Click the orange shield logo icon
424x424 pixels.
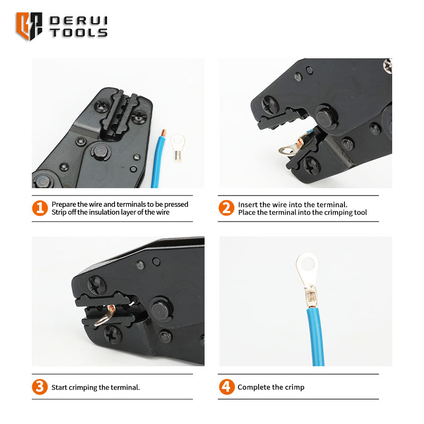tap(29, 26)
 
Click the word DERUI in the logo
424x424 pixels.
tap(78, 21)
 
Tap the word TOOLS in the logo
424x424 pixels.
tap(78, 33)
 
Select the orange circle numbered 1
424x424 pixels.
tap(40, 208)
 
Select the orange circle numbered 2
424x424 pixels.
tap(226, 208)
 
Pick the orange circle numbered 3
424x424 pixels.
tap(40, 387)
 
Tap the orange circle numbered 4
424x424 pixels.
tap(227, 387)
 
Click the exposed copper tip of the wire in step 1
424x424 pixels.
tap(164, 133)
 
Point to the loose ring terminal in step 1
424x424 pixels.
tap(178, 148)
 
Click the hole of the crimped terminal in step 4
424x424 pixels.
tap(307, 264)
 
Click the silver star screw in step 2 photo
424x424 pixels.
tap(388, 66)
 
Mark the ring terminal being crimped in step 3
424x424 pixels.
tap(106, 315)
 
